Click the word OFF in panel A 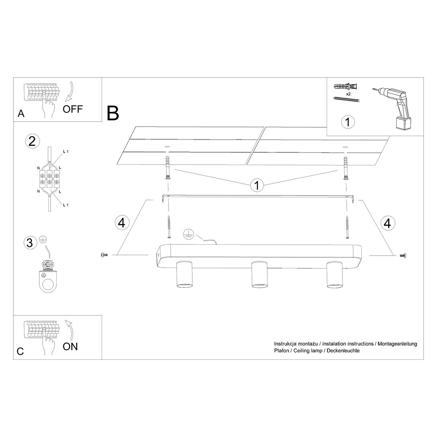click(x=73, y=109)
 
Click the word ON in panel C click(x=70, y=346)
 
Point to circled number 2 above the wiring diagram click(x=32, y=141)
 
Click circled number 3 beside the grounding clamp click(x=30, y=243)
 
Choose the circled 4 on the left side click(x=122, y=222)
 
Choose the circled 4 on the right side click(x=387, y=222)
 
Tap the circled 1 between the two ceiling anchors click(x=257, y=185)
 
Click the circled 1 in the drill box click(x=348, y=122)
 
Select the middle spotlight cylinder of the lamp click(x=259, y=275)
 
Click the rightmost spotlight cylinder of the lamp click(x=334, y=275)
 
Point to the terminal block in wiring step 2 click(x=49, y=179)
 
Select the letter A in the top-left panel click(x=21, y=114)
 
